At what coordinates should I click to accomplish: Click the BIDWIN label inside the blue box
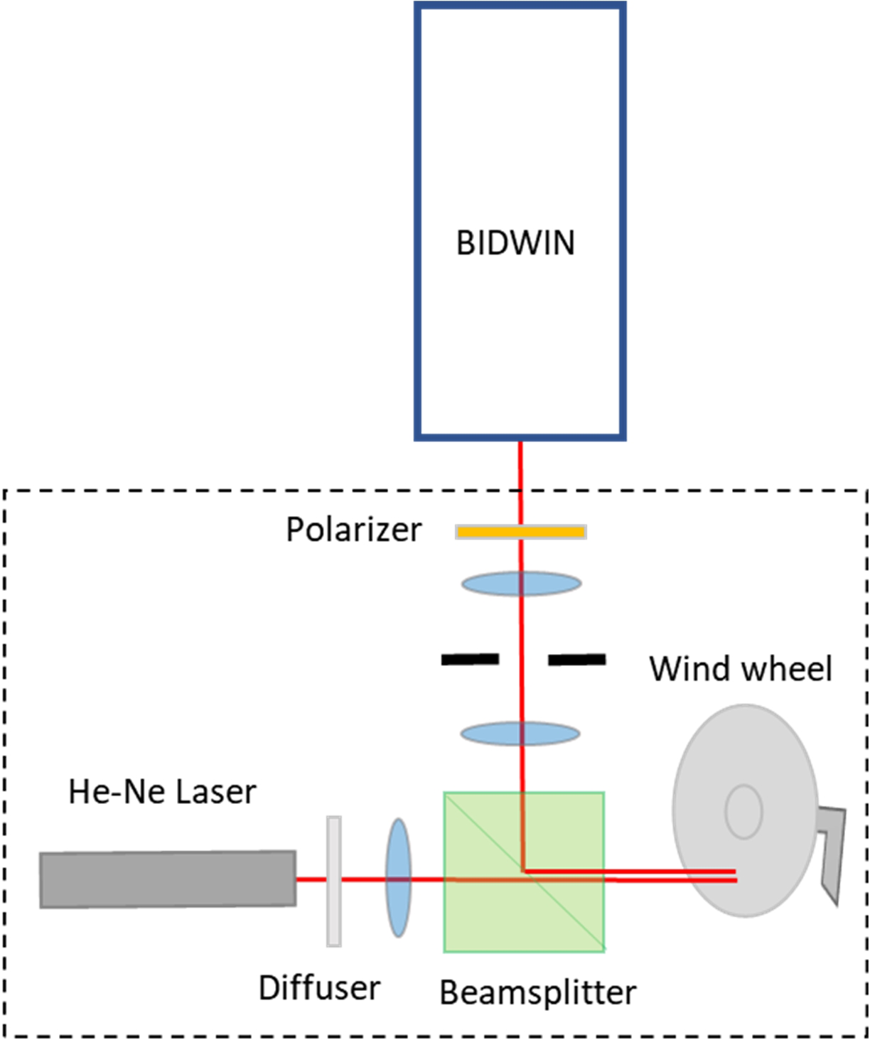pos(515,243)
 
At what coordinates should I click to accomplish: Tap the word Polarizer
pos(353,530)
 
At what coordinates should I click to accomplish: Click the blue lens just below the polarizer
pos(521,584)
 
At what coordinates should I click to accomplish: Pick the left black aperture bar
pos(470,660)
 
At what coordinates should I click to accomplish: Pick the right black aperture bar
pos(577,660)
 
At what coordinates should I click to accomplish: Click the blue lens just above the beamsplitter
pos(520,733)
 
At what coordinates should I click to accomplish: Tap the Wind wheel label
pos(740,669)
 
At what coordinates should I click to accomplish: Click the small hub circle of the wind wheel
pos(743,811)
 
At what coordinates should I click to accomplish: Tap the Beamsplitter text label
pos(537,992)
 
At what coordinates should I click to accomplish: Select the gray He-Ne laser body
pos(168,879)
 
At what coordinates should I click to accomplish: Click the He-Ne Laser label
pos(162,792)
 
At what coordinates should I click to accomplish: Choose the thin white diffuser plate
pos(333,881)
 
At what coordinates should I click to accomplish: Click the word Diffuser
pos(319,988)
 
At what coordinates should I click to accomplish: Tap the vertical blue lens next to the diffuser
pos(398,877)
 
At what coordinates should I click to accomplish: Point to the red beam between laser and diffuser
pos(311,879)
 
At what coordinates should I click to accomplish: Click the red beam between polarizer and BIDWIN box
pos(520,483)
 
